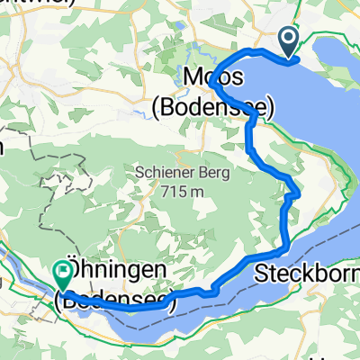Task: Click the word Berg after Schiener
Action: coord(217,171)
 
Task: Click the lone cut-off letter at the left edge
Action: coord(3,144)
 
